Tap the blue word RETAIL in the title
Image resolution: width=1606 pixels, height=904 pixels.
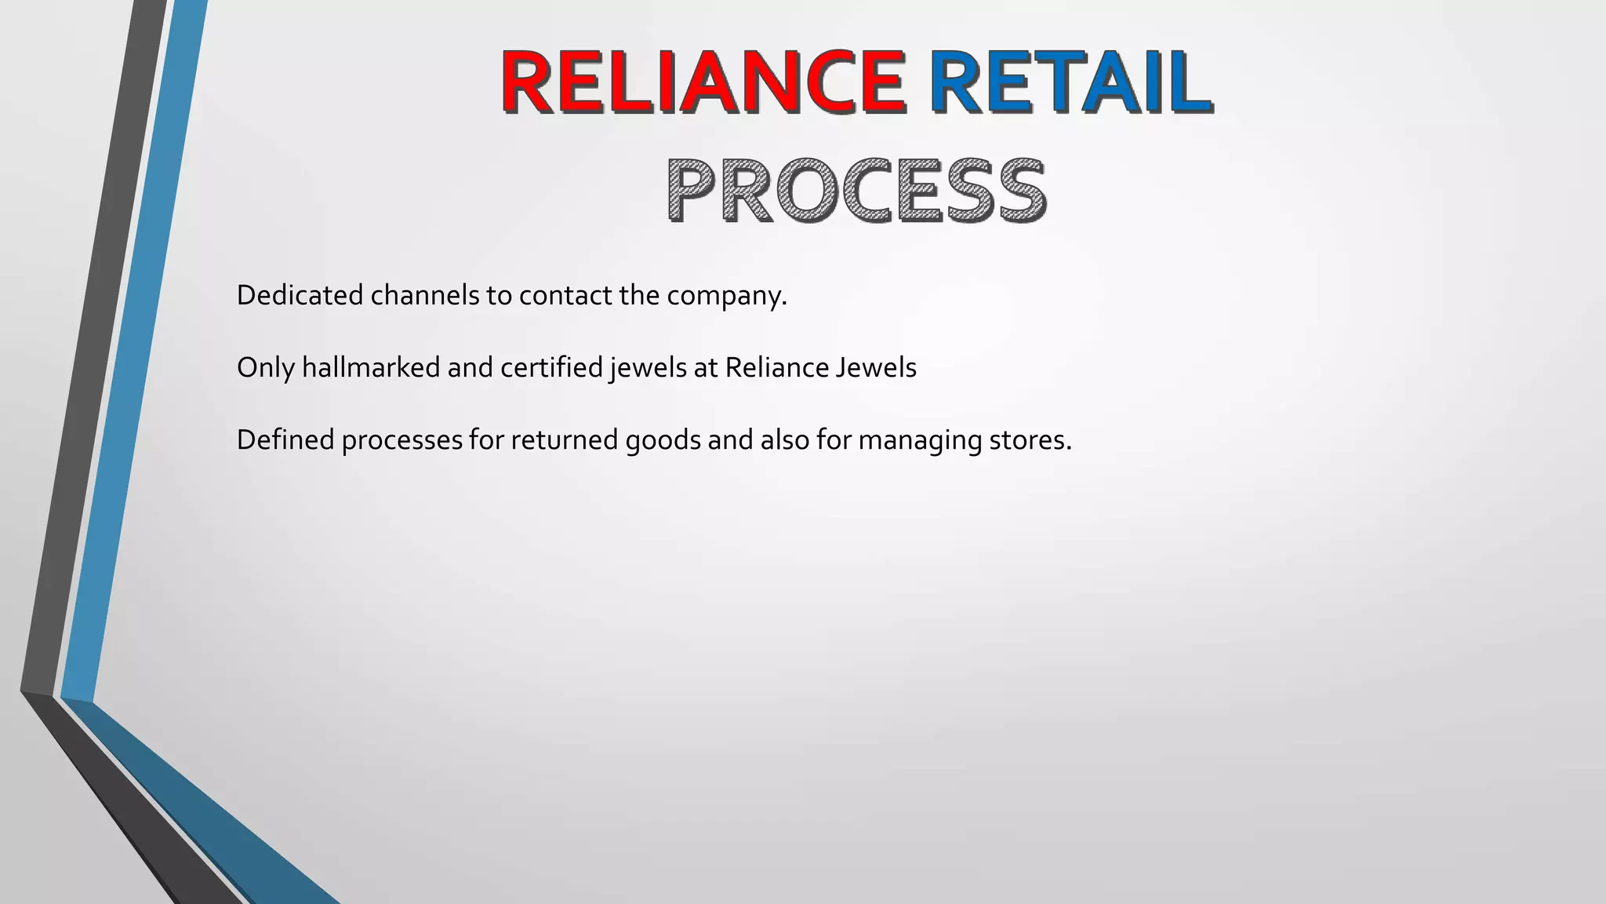(1070, 82)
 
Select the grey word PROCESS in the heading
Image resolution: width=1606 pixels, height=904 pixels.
(856, 191)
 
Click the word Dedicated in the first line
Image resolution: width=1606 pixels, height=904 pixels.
(300, 296)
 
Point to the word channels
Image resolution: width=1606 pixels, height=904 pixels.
(424, 296)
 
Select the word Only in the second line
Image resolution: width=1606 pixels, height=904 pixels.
(265, 368)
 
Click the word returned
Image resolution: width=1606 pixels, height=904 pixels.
(565, 440)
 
